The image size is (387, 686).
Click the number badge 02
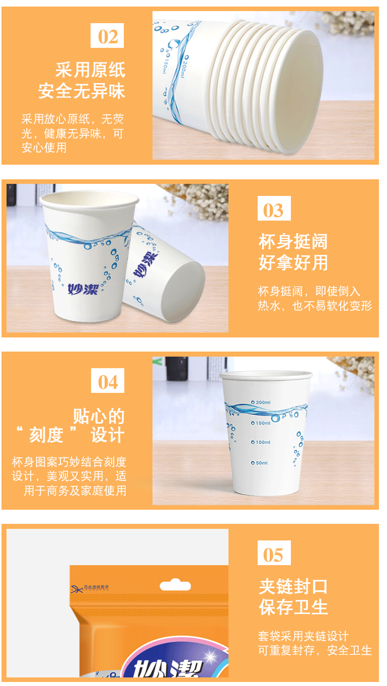[107, 36]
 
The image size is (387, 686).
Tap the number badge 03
[274, 208]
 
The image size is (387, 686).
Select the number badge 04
[108, 381]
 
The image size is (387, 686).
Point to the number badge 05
[274, 553]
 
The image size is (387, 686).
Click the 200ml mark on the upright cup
[261, 402]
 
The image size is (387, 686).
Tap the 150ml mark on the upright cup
[261, 423]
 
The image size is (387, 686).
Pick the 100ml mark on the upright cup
[261, 442]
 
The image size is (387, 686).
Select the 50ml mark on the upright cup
[260, 463]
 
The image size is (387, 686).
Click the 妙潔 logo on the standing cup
[83, 289]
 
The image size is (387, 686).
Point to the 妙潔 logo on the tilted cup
[145, 264]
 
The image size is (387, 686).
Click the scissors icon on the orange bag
[77, 589]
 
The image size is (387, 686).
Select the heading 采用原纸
[90, 70]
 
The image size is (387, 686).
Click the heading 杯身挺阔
[293, 242]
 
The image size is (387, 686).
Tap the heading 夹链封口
[293, 586]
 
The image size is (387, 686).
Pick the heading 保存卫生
[293, 607]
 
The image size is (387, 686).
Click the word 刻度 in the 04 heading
[46, 435]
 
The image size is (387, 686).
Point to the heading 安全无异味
[82, 91]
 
